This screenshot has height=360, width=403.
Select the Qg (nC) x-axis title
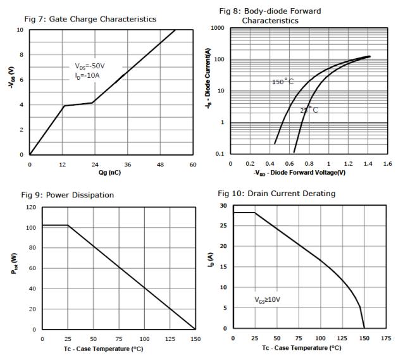(x=111, y=173)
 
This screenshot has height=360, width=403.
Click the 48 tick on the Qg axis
(x=161, y=164)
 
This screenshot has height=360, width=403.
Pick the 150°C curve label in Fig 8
(x=283, y=82)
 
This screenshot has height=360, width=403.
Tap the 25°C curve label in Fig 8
(x=309, y=110)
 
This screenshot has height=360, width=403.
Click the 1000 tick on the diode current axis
(x=218, y=28)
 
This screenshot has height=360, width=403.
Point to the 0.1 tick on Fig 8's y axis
(x=220, y=153)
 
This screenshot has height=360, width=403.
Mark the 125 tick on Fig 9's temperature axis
(x=170, y=339)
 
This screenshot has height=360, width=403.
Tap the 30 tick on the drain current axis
(x=223, y=206)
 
